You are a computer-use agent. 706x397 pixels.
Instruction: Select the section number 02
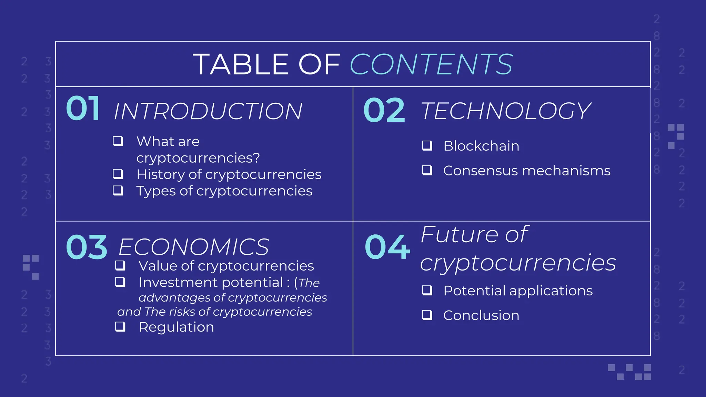(384, 110)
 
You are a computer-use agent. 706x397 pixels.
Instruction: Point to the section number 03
(87, 247)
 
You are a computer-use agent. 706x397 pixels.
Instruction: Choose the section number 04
(387, 247)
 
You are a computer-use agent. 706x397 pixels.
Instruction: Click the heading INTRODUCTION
(208, 111)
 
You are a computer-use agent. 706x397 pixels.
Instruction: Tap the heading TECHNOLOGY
(506, 111)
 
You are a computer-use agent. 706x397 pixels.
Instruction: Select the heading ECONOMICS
(193, 247)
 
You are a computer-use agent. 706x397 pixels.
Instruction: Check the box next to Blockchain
(427, 145)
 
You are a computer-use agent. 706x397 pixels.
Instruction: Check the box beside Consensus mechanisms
(427, 170)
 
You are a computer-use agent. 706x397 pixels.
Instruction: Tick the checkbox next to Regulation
(120, 326)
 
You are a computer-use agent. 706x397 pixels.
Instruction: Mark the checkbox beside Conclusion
(427, 315)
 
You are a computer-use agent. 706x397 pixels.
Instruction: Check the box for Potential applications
(427, 290)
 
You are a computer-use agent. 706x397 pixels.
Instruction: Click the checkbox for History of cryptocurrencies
(118, 174)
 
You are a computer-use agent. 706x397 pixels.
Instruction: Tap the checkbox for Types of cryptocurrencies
(118, 190)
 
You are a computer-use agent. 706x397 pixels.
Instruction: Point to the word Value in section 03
(158, 266)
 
